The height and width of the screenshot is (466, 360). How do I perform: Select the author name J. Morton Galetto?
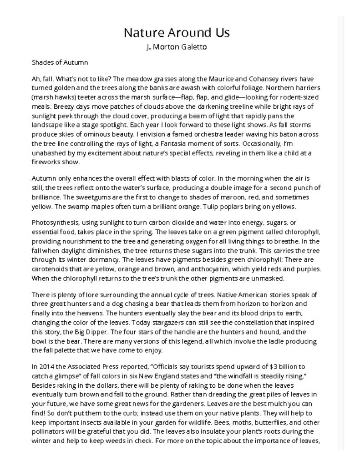point(177,47)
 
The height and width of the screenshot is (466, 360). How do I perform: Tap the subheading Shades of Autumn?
point(60,62)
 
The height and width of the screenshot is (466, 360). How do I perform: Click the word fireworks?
point(46,162)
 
